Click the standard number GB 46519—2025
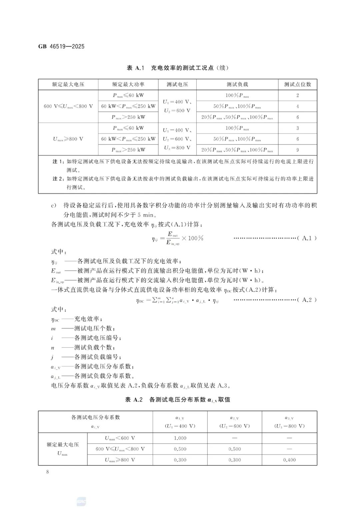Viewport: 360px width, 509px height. (x=61, y=46)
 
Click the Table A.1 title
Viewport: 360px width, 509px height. (x=177, y=68)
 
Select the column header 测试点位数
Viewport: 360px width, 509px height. (x=297, y=84)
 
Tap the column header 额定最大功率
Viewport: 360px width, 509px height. (x=128, y=84)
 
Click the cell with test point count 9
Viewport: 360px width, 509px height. (x=297, y=150)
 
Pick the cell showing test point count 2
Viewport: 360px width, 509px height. (x=297, y=95)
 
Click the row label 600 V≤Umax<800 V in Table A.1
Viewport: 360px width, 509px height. (x=68, y=106)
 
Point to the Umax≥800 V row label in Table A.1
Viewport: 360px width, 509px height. (x=68, y=139)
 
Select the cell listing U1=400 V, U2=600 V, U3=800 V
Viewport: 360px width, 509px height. (x=177, y=139)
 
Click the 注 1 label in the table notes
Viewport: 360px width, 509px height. (x=58, y=161)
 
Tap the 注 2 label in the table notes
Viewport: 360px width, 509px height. (x=58, y=179)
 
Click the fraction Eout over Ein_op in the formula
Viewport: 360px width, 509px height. (x=173, y=238)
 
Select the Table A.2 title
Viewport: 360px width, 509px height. (x=177, y=399)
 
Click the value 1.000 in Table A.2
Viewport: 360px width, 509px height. (x=180, y=438)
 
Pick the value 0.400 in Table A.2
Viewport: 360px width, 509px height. (x=289, y=460)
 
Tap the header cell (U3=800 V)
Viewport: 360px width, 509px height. (x=289, y=426)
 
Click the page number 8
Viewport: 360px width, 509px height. (x=48, y=472)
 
